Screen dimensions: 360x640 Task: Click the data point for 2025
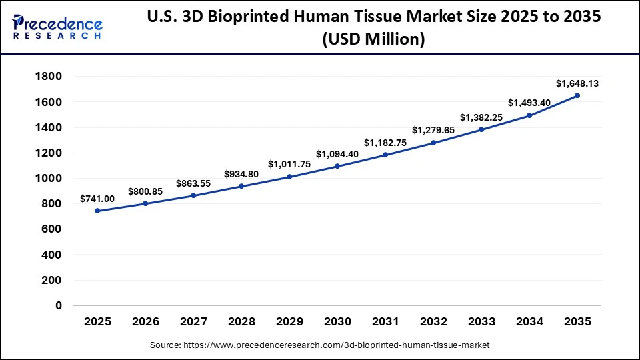click(97, 211)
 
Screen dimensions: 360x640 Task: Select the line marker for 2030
click(337, 166)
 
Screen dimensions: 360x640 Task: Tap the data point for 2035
click(577, 95)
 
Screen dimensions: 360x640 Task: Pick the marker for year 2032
click(433, 143)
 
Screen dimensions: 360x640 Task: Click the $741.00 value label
click(97, 199)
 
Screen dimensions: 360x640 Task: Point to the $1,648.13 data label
click(577, 83)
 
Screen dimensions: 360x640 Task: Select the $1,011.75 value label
click(289, 164)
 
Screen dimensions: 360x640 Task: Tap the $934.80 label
click(241, 174)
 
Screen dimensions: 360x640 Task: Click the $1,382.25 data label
click(481, 117)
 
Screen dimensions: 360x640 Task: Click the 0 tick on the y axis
click(59, 306)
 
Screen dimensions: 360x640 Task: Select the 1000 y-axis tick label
click(47, 179)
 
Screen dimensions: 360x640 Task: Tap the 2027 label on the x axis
click(193, 321)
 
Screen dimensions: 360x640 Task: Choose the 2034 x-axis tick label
click(529, 321)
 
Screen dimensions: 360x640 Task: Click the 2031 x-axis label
click(385, 321)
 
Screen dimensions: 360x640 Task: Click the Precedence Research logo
click(57, 28)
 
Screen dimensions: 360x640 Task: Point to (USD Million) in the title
click(373, 39)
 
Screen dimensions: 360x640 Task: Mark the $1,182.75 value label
click(385, 143)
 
